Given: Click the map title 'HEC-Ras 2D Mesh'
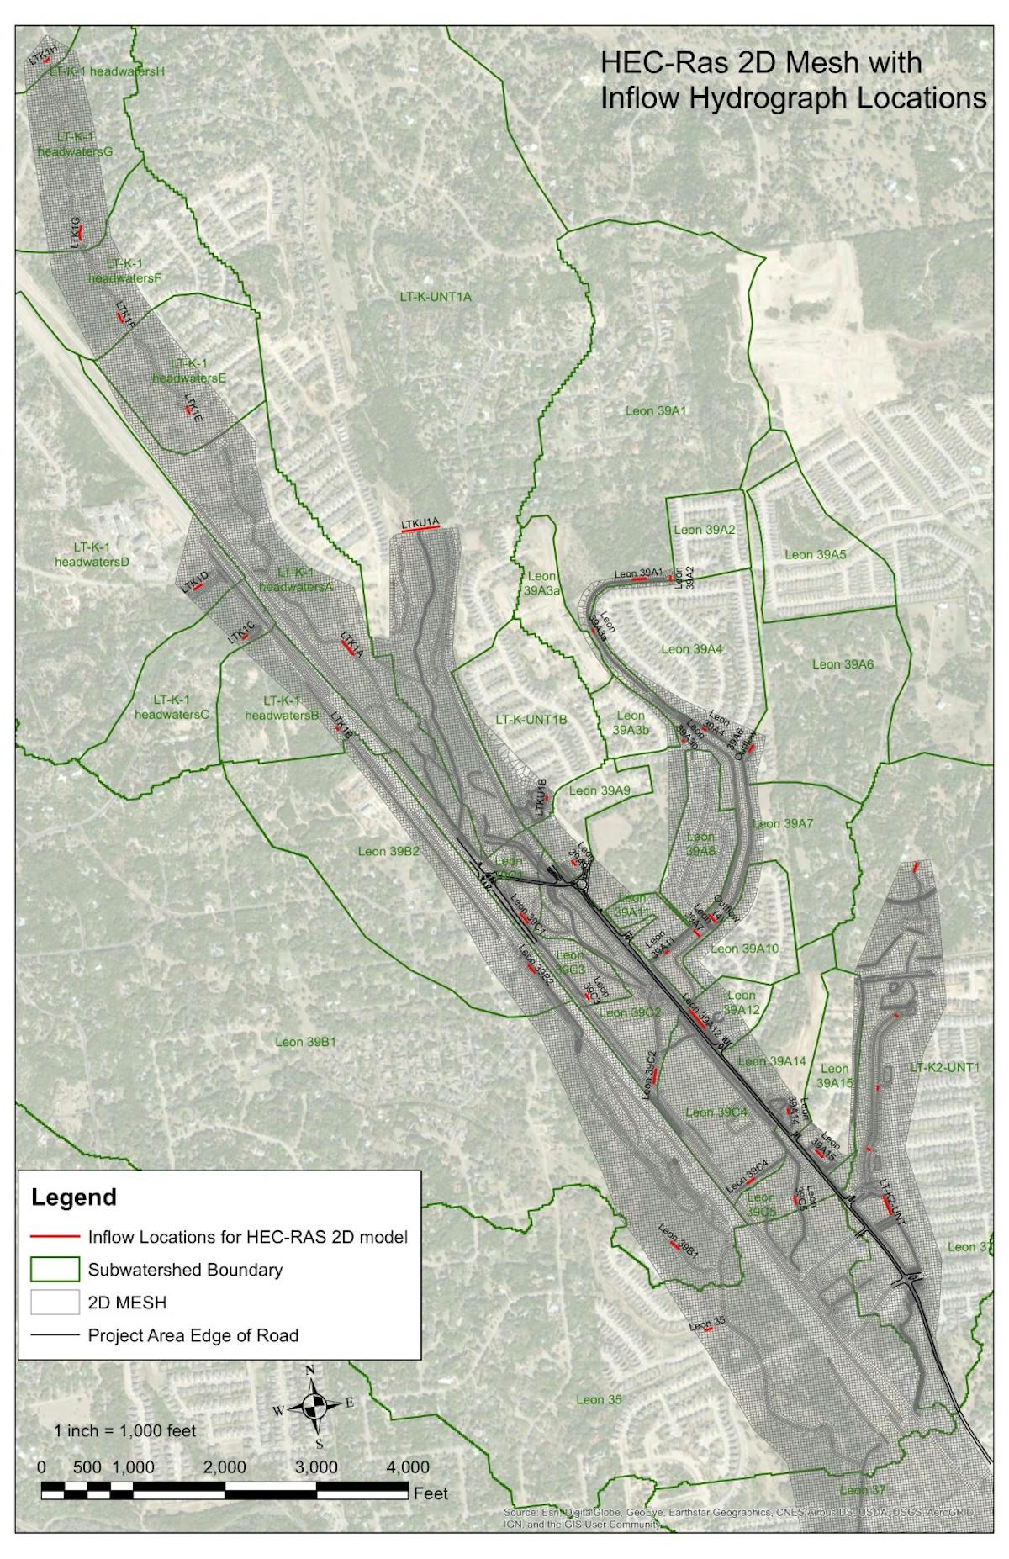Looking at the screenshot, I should (759, 63).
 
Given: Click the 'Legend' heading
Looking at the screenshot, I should (74, 1196).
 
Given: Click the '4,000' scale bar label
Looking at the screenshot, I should (407, 1467).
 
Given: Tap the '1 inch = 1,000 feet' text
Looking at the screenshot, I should (125, 1430).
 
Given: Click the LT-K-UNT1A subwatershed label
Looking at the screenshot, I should (435, 297).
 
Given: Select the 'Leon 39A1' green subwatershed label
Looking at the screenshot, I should (657, 411).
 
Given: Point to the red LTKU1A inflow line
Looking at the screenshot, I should (420, 530).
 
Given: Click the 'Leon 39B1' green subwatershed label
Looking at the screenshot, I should (306, 1042).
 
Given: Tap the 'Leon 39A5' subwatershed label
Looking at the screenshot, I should (815, 554).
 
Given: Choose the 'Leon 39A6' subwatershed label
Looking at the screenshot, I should (843, 664).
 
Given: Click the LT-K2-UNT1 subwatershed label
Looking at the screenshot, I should (945, 1068).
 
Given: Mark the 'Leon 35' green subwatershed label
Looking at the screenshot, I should (600, 1399).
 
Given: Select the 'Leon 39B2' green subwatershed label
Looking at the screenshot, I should (388, 851).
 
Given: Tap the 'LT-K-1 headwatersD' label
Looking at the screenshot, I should (92, 554).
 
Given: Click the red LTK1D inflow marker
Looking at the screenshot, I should (198, 585).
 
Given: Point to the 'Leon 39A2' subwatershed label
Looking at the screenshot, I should (705, 530).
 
